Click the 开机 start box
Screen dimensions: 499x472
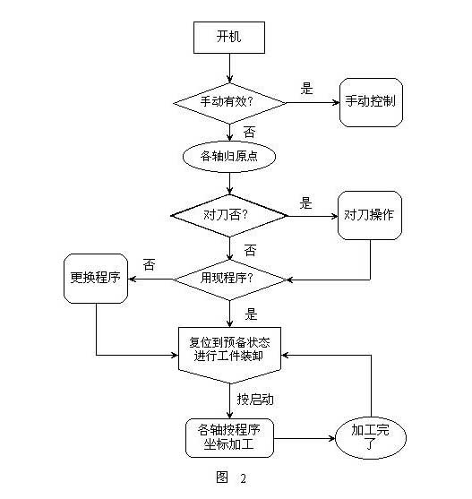pyautogui.click(x=228, y=38)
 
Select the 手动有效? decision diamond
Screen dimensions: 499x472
pyautogui.click(x=230, y=102)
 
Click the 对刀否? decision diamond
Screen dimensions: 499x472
pyautogui.click(x=229, y=215)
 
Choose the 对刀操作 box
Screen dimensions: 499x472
pyautogui.click(x=370, y=215)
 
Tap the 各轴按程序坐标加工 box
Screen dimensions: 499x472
pyautogui.click(x=229, y=435)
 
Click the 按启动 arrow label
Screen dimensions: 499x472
pyautogui.click(x=254, y=399)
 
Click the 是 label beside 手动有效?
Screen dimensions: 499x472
pyautogui.click(x=306, y=89)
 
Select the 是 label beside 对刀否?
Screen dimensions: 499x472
pyautogui.click(x=305, y=202)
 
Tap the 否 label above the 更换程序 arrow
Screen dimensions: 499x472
pyautogui.click(x=149, y=265)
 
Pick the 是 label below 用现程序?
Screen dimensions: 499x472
pyautogui.click(x=251, y=314)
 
